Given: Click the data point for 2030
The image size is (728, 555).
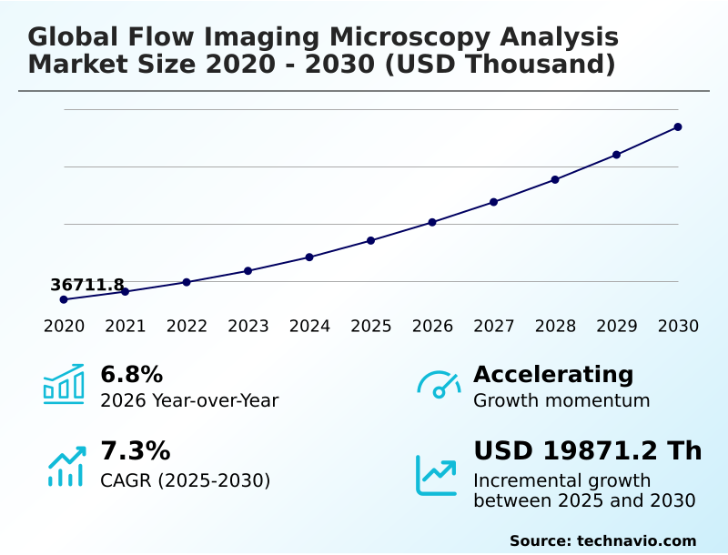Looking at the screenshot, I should [x=678, y=127].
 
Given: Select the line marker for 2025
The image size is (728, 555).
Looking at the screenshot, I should [x=371, y=240].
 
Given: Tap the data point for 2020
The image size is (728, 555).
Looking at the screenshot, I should [x=64, y=299].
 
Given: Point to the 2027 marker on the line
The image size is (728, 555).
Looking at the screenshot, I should [x=493, y=202].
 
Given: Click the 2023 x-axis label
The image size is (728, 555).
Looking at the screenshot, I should [x=248, y=327].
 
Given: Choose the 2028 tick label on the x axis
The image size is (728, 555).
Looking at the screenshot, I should [x=555, y=327].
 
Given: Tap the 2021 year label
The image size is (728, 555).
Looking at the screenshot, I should [x=126, y=327].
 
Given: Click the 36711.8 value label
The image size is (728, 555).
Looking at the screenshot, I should [x=87, y=286].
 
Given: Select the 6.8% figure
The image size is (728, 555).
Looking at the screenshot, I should [x=131, y=375].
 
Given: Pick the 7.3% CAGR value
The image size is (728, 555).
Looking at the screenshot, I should [x=135, y=451].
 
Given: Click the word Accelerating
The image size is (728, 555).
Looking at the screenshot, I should [x=553, y=375].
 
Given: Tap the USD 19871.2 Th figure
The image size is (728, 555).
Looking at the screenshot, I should [x=587, y=451].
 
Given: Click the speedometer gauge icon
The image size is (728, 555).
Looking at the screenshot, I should [x=439, y=384].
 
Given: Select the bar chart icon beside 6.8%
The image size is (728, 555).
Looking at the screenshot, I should [x=64, y=384].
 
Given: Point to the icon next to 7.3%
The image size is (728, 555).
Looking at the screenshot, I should [x=66, y=465].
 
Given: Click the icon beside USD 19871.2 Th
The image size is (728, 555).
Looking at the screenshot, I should [x=437, y=474].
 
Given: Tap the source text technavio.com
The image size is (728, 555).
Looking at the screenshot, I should [x=636, y=540].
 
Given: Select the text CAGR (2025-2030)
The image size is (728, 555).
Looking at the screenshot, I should [x=185, y=480].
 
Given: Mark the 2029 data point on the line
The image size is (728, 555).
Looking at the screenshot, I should [x=616, y=155].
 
